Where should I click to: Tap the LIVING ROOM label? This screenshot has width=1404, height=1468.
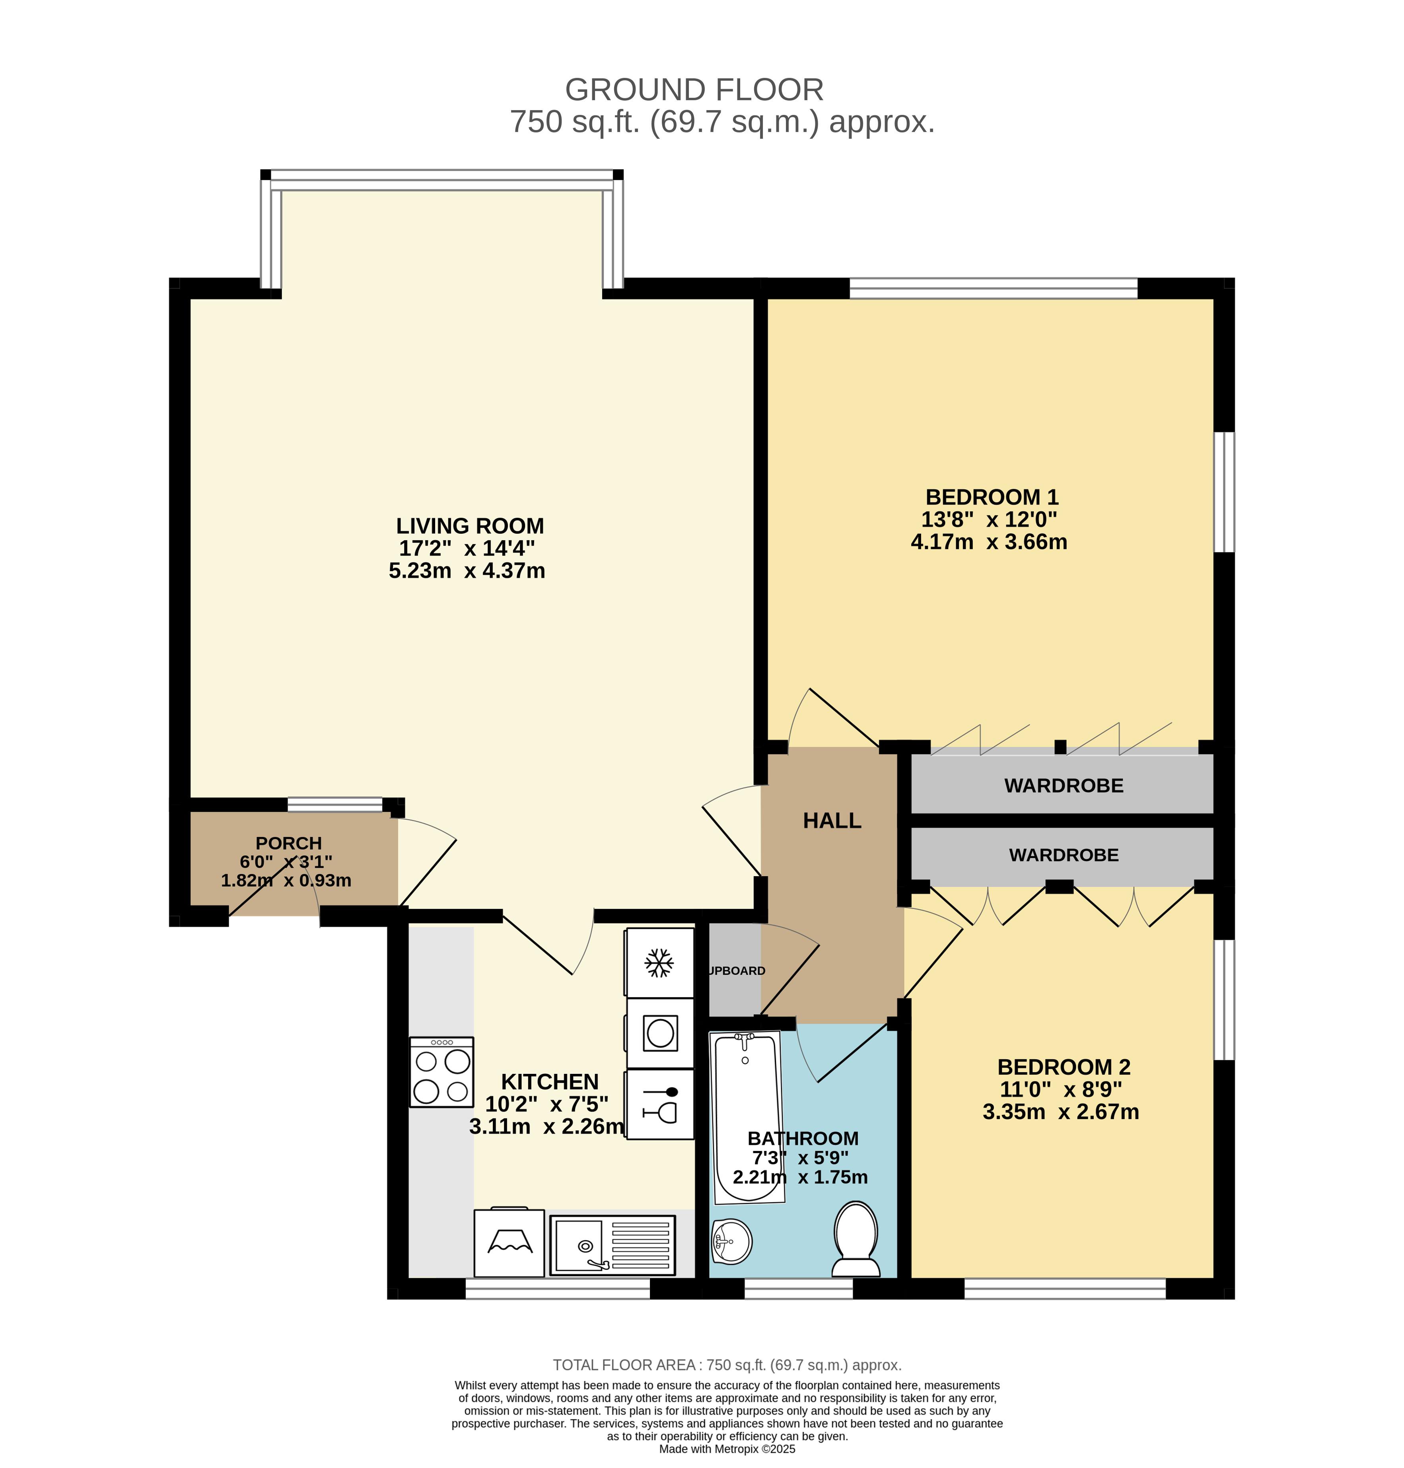point(470,526)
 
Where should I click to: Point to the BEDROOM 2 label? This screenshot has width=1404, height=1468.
point(1064,1067)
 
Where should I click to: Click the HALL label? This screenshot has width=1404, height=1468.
point(832,821)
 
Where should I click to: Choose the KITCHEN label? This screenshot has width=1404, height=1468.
point(550,1082)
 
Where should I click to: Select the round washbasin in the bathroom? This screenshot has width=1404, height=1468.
point(731,1242)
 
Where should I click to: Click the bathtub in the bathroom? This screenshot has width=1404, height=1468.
point(747,1118)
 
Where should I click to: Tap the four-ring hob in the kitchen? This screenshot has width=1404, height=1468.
point(441,1072)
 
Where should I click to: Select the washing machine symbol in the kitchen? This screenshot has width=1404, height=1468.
point(660,1033)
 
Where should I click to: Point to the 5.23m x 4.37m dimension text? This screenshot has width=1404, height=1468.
point(467,571)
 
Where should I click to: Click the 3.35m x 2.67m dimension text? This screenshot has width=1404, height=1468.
point(1061,1112)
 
